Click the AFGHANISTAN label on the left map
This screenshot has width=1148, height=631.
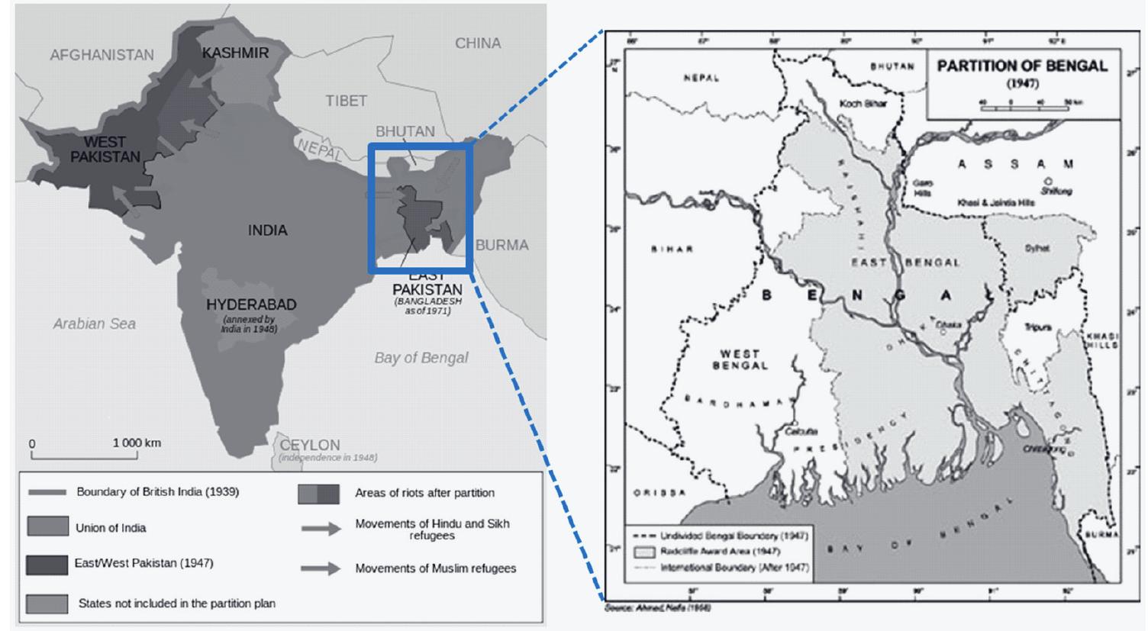[102, 55]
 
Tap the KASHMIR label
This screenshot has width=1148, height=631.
[235, 53]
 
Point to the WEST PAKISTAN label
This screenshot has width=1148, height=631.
[105, 149]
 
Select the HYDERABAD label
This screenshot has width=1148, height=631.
[251, 304]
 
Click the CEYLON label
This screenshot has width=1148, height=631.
[309, 445]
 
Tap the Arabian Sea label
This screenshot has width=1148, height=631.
[94, 324]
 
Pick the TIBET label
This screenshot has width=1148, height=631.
[346, 101]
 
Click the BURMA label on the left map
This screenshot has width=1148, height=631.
[501, 245]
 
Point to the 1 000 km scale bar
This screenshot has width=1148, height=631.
[85, 456]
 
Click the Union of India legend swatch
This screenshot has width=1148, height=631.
[47, 527]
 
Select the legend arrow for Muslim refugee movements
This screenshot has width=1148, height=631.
[320, 568]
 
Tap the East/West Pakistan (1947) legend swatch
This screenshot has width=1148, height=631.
[47, 564]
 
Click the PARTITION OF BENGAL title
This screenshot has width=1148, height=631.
[1022, 66]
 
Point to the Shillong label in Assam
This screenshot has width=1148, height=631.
[1056, 191]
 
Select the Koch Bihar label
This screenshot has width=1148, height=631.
[863, 103]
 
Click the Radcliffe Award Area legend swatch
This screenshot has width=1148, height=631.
[645, 551]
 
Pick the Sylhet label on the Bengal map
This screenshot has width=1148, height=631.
[1037, 248]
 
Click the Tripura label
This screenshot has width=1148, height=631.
[1038, 327]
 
